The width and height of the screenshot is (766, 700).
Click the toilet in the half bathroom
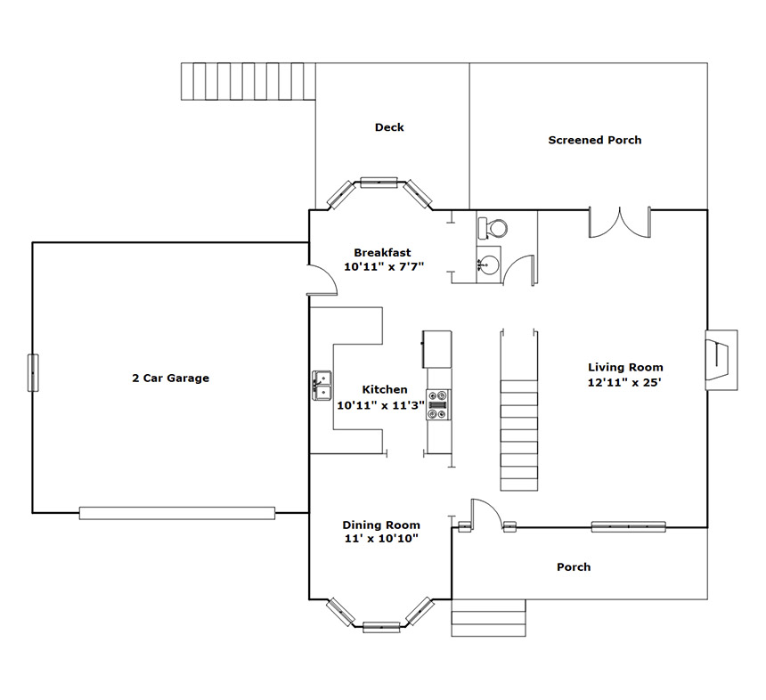click(493, 228)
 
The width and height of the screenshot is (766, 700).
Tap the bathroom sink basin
click(488, 265)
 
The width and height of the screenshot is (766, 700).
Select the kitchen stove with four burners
click(438, 404)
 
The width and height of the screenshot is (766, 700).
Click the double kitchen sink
click(322, 386)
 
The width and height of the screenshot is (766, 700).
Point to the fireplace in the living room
click(721, 360)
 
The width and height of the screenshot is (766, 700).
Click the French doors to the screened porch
click(619, 223)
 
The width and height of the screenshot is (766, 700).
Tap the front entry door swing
click(486, 514)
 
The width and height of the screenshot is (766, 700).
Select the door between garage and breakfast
click(322, 280)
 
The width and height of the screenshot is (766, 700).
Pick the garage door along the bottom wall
click(177, 513)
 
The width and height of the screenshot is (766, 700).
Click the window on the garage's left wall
click(33, 373)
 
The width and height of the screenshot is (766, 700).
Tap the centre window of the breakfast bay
click(379, 183)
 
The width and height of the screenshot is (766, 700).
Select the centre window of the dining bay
click(381, 627)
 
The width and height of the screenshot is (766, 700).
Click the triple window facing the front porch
click(628, 526)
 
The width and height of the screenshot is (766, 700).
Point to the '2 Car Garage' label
click(170, 378)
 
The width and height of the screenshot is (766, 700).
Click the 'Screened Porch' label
click(594, 140)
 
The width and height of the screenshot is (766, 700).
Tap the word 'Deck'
click(389, 127)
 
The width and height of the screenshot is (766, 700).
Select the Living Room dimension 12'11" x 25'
click(624, 382)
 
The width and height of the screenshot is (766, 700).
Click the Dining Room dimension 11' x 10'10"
click(381, 539)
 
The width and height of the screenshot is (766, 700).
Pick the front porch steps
click(488, 618)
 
